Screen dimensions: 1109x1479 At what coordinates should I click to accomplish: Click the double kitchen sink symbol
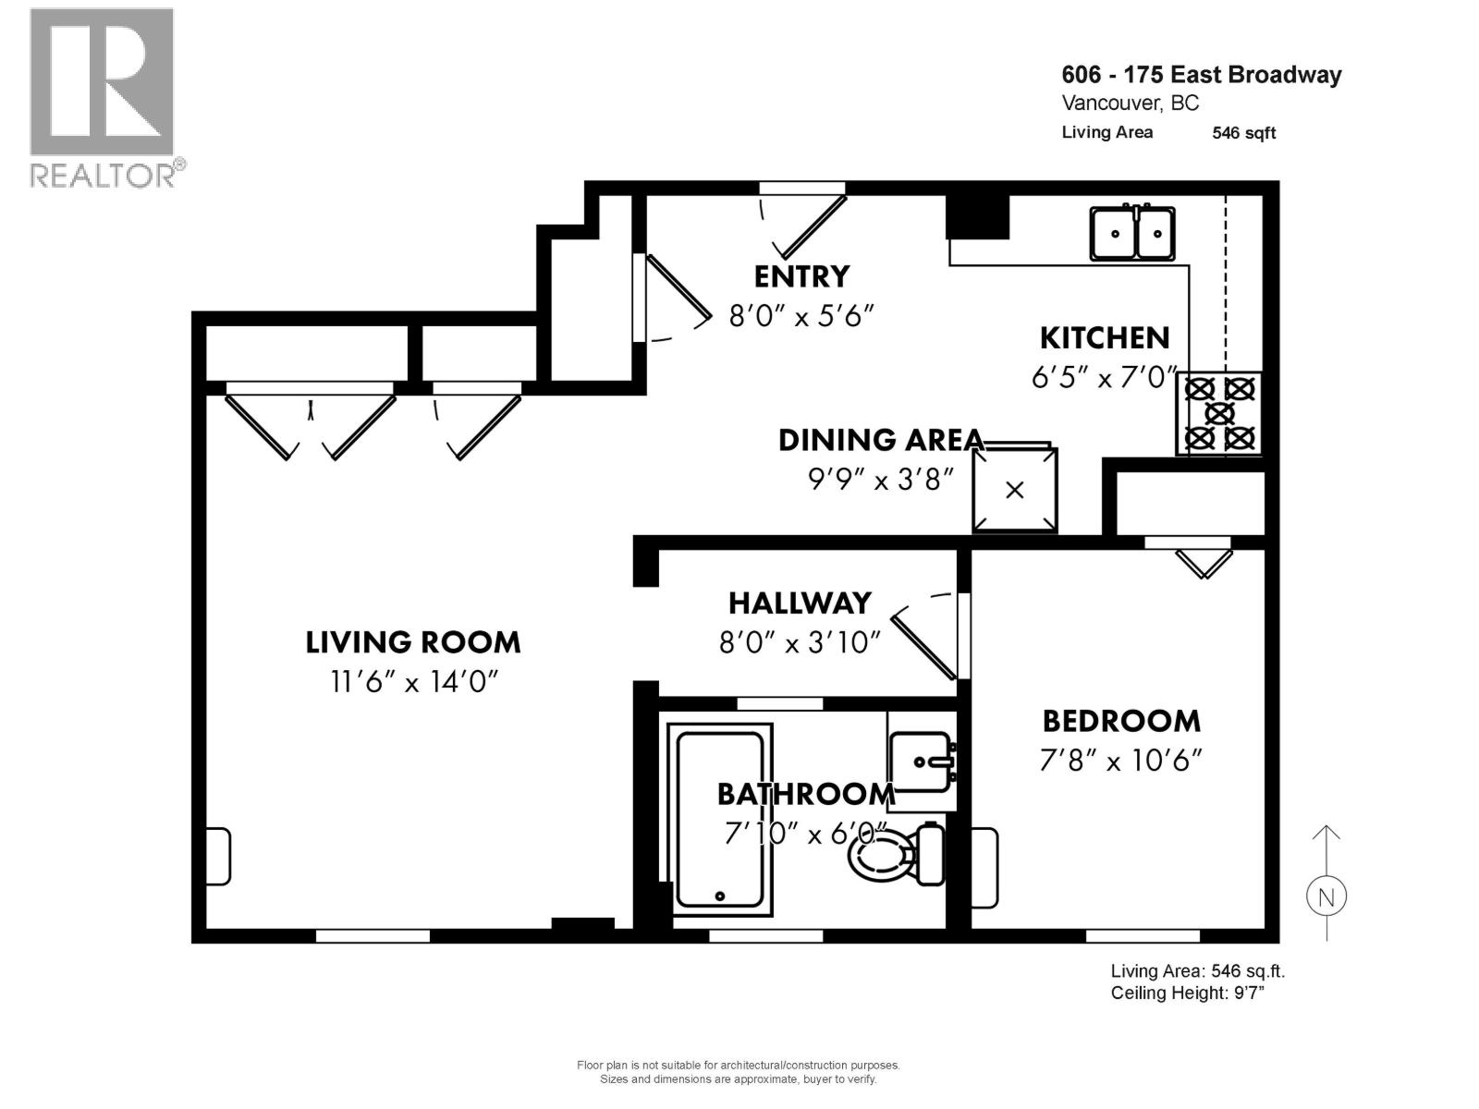(x=1132, y=234)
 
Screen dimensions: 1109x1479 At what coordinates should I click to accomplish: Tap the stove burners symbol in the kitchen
(x=1219, y=413)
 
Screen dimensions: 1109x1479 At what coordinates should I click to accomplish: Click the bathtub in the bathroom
(x=720, y=819)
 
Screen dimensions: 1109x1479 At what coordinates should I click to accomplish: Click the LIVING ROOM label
(x=413, y=641)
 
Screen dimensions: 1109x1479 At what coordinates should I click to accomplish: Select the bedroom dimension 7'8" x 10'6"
(x=1120, y=761)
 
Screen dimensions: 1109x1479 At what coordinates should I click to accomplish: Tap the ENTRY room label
(x=801, y=276)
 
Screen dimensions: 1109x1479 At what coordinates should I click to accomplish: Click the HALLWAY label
(x=800, y=603)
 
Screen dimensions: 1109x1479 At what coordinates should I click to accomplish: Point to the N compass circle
(x=1326, y=896)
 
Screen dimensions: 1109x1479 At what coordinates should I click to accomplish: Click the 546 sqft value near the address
(x=1243, y=133)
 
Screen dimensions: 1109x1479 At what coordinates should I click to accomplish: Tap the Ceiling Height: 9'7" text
(x=1187, y=993)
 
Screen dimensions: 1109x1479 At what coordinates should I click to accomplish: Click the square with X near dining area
(x=1014, y=491)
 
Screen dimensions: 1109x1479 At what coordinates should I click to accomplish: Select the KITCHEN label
(x=1105, y=338)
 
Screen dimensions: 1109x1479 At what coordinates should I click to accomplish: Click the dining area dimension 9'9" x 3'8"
(x=879, y=480)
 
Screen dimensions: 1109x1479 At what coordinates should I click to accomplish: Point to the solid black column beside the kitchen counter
(x=976, y=217)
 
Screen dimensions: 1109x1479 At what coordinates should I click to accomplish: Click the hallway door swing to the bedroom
(x=924, y=640)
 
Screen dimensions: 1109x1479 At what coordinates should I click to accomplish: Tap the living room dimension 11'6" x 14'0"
(x=414, y=682)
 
